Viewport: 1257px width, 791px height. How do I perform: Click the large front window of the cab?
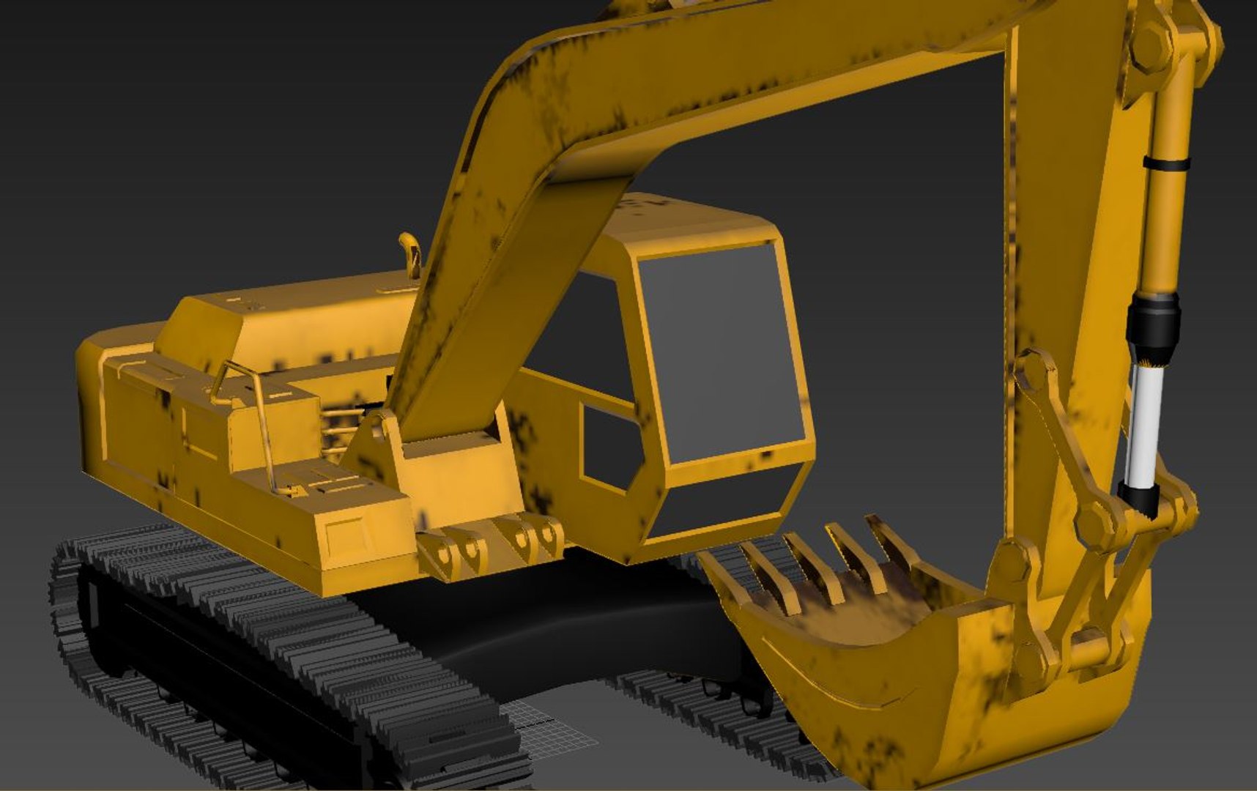(x=722, y=352)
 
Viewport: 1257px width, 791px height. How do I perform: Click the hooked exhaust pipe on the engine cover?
(x=410, y=253)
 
